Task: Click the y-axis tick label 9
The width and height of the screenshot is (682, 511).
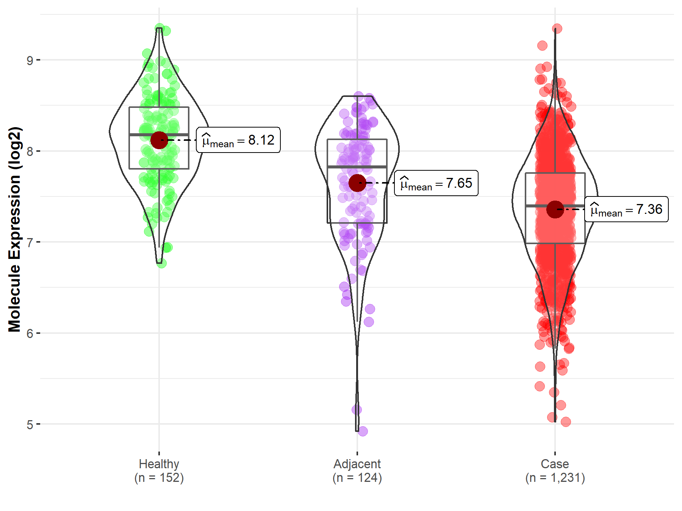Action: click(x=30, y=60)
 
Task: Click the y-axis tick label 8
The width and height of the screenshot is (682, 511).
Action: click(x=30, y=151)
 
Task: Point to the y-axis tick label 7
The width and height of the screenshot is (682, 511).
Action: click(x=30, y=242)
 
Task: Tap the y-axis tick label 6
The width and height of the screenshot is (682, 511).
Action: click(x=30, y=333)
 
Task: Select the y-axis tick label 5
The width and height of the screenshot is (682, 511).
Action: click(x=30, y=425)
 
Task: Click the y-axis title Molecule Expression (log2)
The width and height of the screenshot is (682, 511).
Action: click(x=14, y=229)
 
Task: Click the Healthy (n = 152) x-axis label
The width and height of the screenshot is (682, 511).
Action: click(x=159, y=470)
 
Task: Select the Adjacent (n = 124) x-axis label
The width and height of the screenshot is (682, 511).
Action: click(x=357, y=470)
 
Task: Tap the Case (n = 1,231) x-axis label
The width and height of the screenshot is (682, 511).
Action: click(x=555, y=470)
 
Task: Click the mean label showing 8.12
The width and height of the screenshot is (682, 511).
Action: click(x=238, y=140)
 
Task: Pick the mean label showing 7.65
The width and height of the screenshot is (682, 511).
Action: click(x=436, y=183)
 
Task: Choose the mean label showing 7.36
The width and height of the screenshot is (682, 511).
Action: click(x=626, y=209)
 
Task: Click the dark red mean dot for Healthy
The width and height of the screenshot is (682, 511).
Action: click(x=159, y=140)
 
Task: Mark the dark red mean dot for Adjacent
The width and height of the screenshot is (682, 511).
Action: click(x=357, y=183)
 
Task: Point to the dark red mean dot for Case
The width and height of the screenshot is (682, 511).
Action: click(x=555, y=209)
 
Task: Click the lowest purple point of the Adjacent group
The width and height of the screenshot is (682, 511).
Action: click(x=363, y=431)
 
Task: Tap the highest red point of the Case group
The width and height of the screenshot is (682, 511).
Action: click(x=557, y=29)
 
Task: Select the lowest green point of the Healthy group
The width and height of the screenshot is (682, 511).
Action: click(x=162, y=263)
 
